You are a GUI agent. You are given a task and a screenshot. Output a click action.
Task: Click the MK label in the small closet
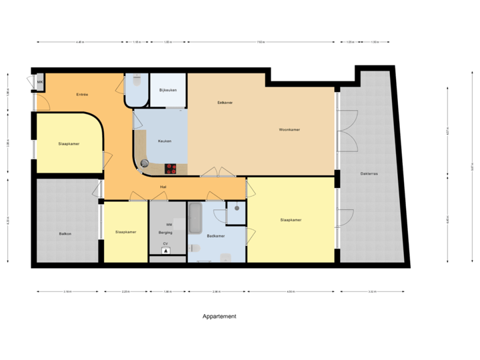click(x=40, y=83)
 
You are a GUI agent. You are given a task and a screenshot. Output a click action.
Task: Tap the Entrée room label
click(x=82, y=95)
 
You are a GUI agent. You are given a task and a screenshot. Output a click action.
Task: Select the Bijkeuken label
click(x=167, y=90)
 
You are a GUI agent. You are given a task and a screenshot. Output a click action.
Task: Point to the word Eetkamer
click(x=225, y=103)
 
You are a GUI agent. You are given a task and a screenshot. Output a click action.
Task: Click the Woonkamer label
click(x=289, y=129)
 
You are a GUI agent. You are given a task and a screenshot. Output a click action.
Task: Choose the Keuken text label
click(x=165, y=141)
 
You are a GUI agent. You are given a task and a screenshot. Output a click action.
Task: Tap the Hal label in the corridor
click(x=163, y=187)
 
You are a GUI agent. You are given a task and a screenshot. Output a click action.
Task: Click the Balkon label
click(x=65, y=233)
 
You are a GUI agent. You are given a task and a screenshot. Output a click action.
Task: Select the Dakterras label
click(x=369, y=173)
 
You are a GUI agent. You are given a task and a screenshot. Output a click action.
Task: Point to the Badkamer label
click(x=216, y=236)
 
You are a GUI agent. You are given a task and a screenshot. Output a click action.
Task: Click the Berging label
click(x=165, y=233)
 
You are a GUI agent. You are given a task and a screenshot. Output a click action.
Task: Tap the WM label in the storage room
click(x=169, y=225)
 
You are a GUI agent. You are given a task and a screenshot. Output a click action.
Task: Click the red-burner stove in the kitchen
click(x=171, y=168)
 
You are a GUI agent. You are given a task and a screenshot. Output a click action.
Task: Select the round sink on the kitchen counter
click(x=145, y=163)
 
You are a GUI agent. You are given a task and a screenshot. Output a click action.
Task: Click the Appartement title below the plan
click(x=219, y=317)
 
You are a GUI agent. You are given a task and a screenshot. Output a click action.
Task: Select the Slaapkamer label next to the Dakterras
click(x=291, y=219)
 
